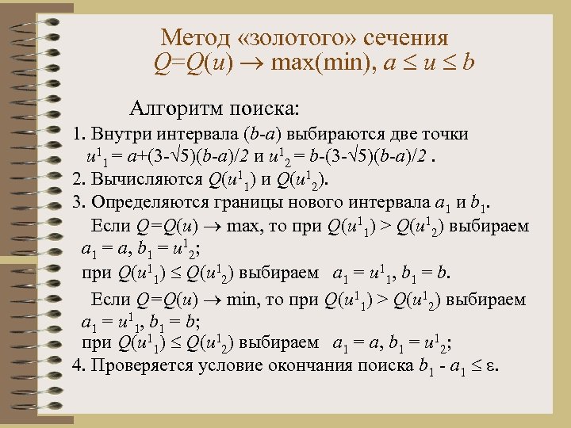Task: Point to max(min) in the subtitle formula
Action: coord(316,62)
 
